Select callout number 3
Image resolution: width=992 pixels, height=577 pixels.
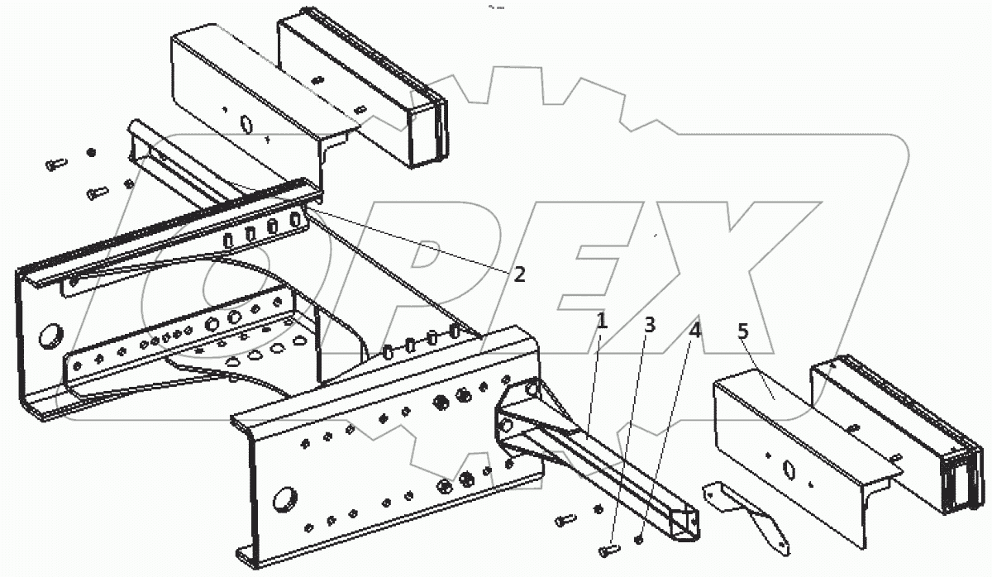click(650, 325)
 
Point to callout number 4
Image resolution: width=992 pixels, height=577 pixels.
click(695, 331)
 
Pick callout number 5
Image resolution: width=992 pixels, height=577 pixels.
click(742, 332)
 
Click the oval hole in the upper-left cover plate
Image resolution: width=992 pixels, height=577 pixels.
click(245, 123)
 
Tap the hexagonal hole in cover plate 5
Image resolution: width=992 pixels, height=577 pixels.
click(790, 470)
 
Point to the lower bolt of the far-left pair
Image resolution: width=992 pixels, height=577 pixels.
click(97, 193)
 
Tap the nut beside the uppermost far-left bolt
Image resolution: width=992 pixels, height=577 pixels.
click(91, 153)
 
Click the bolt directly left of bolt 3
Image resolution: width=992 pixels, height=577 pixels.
click(565, 520)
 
